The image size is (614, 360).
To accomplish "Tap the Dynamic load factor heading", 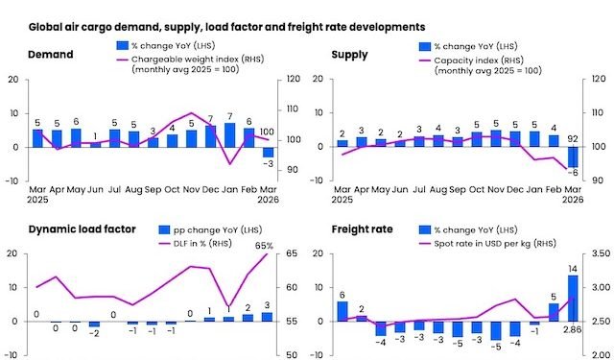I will (x=73, y=229).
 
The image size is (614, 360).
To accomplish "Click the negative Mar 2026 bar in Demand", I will (x=268, y=152).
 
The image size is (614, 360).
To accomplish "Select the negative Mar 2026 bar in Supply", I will (x=573, y=156).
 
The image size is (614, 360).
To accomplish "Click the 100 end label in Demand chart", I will (x=268, y=132).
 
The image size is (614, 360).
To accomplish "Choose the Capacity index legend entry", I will (x=480, y=60).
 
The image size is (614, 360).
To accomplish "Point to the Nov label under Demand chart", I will (x=191, y=188).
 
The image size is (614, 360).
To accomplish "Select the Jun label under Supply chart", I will (x=400, y=188).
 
